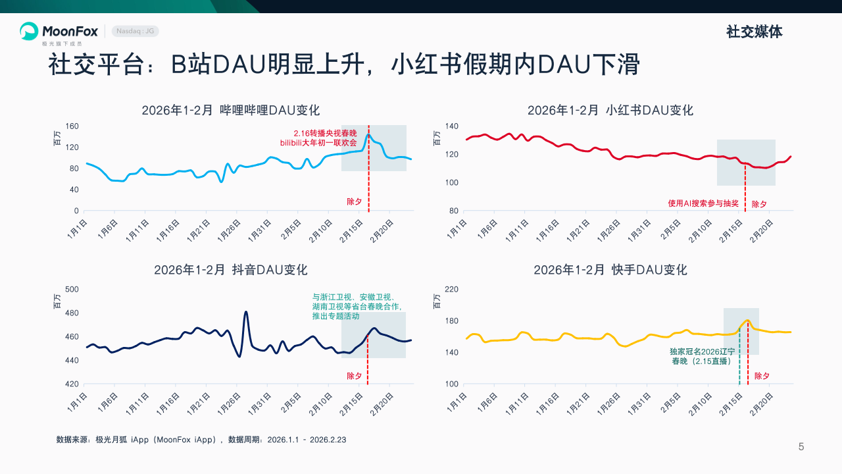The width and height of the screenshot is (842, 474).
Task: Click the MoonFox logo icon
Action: [29, 31]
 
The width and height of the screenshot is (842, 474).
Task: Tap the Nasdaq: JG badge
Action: [136, 31]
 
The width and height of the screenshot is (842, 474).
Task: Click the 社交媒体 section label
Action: [754, 32]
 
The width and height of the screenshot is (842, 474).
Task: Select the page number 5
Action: [801, 447]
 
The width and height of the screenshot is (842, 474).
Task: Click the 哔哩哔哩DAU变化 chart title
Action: [230, 111]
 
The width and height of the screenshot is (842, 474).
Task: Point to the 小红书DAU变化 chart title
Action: [610, 111]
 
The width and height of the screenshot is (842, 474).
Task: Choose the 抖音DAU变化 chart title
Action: [230, 270]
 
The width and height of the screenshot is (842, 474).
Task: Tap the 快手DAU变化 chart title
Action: [610, 270]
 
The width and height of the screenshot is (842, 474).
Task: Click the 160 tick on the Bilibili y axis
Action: [72, 126]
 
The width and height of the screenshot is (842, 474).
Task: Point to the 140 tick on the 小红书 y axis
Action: [452, 126]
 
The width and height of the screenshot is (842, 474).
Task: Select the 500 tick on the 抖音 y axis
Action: [72, 290]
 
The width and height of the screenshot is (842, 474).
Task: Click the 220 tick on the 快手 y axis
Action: [452, 290]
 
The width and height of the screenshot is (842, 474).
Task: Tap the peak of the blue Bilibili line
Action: [369, 136]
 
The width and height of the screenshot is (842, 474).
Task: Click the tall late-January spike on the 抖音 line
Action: [246, 312]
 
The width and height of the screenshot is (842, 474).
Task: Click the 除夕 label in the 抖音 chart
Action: [355, 376]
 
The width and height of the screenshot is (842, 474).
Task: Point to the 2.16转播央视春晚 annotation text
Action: [325, 133]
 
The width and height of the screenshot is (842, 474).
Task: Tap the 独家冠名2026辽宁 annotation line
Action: [702, 352]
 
